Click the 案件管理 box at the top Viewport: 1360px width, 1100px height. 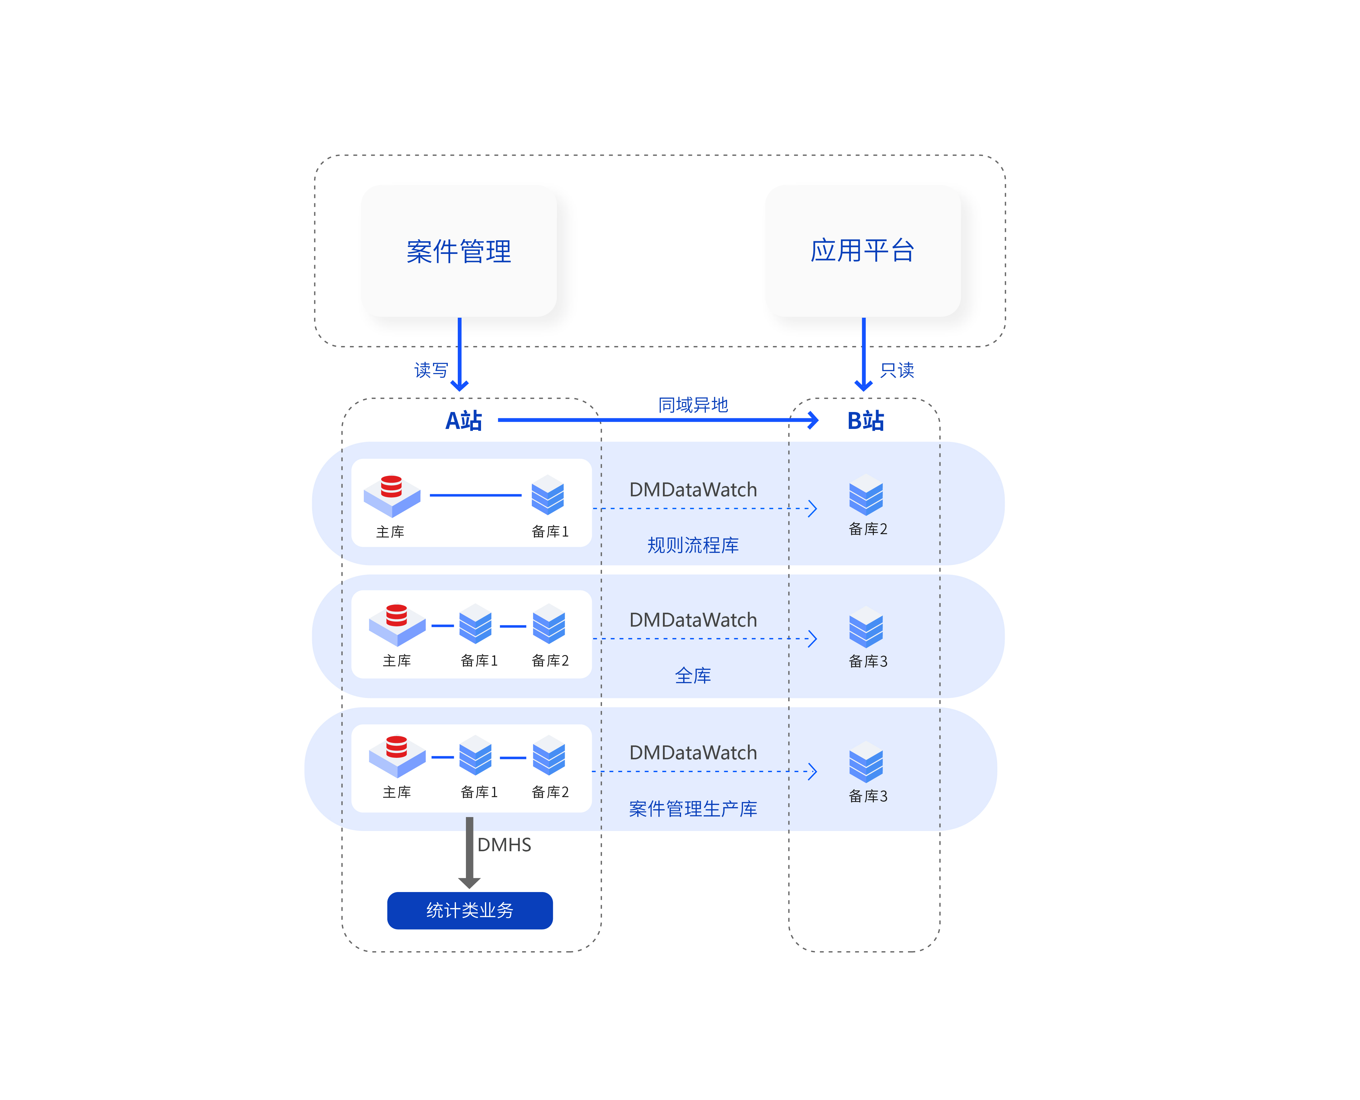click(459, 251)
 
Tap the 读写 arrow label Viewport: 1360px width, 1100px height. click(431, 370)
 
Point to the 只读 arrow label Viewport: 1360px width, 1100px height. click(897, 370)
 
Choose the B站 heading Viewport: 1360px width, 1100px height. click(865, 421)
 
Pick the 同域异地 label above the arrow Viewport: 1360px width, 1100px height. click(693, 404)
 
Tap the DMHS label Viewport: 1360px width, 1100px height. click(504, 845)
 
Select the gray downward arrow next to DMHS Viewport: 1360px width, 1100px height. click(469, 852)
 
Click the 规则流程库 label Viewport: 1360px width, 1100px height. click(693, 545)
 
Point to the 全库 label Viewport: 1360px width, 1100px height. click(693, 676)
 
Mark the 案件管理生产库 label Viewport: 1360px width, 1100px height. click(693, 809)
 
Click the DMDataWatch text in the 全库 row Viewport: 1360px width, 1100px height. click(693, 620)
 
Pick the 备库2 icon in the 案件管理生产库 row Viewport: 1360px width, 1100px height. click(548, 755)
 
